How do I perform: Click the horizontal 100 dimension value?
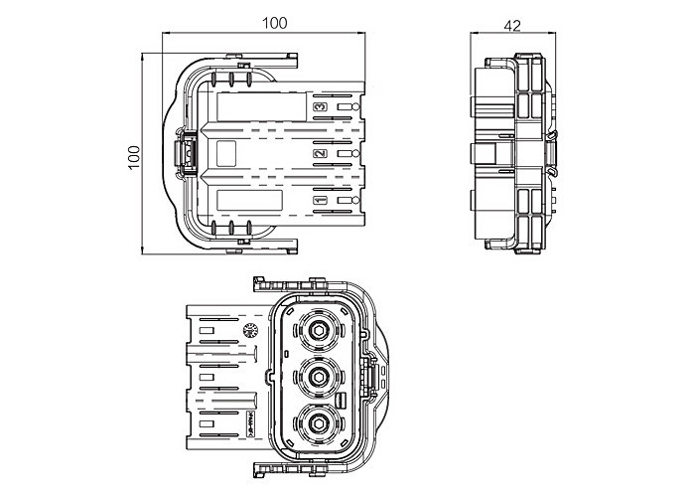click(x=277, y=23)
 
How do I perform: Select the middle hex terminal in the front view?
click(x=320, y=376)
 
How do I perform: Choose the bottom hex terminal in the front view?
click(x=320, y=422)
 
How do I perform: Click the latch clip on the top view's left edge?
click(x=184, y=154)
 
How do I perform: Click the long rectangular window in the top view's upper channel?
click(x=256, y=107)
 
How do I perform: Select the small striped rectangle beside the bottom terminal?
click(x=342, y=400)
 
